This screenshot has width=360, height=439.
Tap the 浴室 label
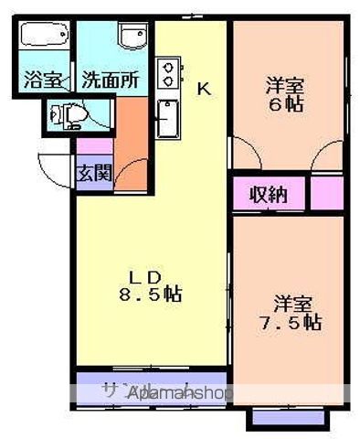click(x=44, y=80)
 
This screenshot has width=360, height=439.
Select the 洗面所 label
click(x=109, y=80)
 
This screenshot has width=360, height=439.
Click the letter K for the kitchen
click(x=204, y=89)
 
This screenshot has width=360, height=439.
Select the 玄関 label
click(x=93, y=172)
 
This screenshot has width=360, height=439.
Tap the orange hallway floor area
click(x=131, y=137)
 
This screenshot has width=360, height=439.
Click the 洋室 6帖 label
click(x=285, y=94)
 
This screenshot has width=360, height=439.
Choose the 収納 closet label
click(x=268, y=193)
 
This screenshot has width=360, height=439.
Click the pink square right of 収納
click(x=326, y=193)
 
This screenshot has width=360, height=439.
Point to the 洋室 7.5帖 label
click(x=289, y=312)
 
